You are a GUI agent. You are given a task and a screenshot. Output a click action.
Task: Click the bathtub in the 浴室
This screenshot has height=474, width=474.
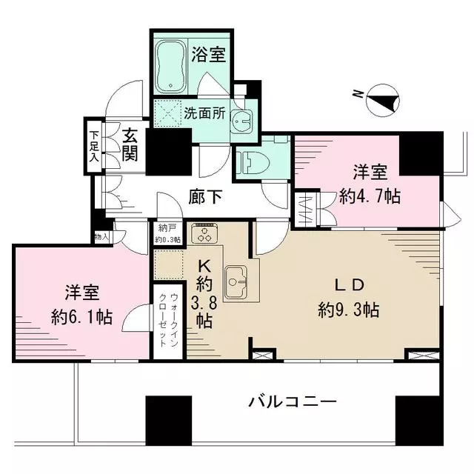(171, 67)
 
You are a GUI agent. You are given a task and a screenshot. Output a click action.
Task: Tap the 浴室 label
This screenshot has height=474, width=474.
(209, 55)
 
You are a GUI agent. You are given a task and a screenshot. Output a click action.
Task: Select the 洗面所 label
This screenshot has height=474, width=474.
(204, 113)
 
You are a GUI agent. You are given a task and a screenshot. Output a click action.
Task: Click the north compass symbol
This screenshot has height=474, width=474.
(382, 101)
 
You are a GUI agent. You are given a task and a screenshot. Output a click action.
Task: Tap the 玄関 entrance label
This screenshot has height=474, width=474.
(130, 145)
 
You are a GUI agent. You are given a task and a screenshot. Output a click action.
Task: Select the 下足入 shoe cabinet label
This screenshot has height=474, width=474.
(94, 146)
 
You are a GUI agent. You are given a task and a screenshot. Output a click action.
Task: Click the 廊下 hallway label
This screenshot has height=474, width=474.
(206, 196)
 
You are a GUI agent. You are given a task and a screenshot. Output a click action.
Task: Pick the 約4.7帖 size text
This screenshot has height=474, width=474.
(370, 196)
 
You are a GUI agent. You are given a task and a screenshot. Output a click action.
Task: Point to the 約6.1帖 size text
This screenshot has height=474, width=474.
(82, 316)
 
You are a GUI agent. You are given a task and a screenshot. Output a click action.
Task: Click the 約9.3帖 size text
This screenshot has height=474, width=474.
(349, 310)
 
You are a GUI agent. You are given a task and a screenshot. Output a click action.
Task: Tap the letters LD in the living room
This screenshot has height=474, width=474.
(348, 285)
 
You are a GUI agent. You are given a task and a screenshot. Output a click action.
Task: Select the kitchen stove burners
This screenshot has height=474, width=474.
(204, 233)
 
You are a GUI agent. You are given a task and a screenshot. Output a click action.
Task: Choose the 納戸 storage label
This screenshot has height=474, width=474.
(166, 228)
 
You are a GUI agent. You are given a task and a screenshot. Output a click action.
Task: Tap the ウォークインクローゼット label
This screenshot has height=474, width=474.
(168, 320)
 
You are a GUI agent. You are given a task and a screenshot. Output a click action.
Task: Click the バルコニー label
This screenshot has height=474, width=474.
(293, 401)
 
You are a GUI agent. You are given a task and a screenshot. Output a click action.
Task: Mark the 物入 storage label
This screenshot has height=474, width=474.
(102, 236)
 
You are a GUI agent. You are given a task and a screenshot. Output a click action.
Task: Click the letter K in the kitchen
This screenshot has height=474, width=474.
(204, 266)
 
